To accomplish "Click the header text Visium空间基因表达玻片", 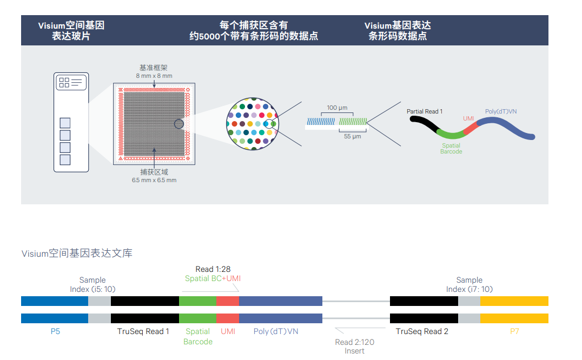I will (71, 31).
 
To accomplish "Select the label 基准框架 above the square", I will (154, 68).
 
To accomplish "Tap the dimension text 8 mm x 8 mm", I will (154, 76).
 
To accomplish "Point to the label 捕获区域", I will (154, 172).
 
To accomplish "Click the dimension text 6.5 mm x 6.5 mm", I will (154, 180).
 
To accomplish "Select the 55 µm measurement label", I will (352, 137).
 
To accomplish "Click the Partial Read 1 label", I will (425, 111).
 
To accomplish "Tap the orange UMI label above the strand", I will (468, 118).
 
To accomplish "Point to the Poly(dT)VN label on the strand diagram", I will (500, 111).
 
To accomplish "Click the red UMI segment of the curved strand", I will (469, 129).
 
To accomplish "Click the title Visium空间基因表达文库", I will (77, 253).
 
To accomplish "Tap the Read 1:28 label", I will (213, 269).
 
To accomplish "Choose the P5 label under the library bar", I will (55, 331).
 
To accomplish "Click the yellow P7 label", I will (514, 331).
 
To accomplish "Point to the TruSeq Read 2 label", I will (422, 331).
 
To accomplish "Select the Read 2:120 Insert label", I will (354, 346).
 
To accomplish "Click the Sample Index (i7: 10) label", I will (469, 284).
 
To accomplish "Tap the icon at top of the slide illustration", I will (71, 82).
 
